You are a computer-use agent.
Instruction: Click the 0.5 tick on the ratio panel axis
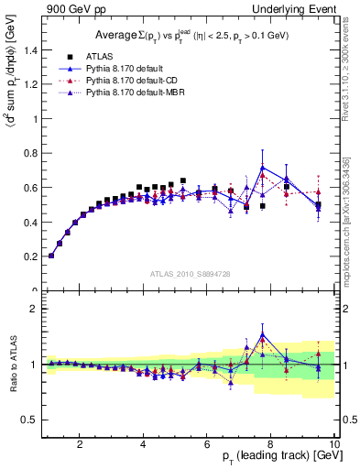pos(30,420)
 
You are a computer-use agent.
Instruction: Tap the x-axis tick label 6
pos(208,444)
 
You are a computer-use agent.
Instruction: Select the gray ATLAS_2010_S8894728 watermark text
pos(190,274)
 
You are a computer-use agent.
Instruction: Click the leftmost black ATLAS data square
pos(51,256)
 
